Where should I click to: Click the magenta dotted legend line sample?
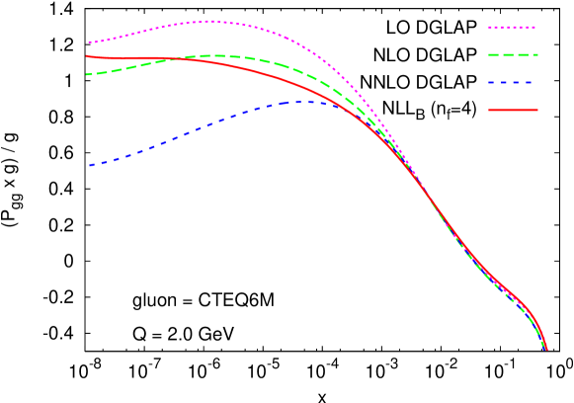tap(513, 28)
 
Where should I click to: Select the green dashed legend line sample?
tap(513, 55)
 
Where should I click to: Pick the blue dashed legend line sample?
tap(513, 83)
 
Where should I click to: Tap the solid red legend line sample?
tap(513, 110)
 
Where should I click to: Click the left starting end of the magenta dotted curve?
tap(89, 42)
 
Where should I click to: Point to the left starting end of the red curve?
tap(88, 56)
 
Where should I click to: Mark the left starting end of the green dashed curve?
tap(88, 74)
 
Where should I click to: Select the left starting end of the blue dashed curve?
tap(89, 165)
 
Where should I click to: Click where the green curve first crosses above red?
tap(178, 59)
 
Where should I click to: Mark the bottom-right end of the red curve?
tap(546, 349)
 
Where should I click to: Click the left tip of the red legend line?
tap(489, 110)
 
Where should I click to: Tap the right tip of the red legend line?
tap(537, 110)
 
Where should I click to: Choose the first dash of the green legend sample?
tap(494, 55)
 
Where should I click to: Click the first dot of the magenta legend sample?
tap(490, 28)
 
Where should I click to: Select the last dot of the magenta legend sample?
tap(535, 28)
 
